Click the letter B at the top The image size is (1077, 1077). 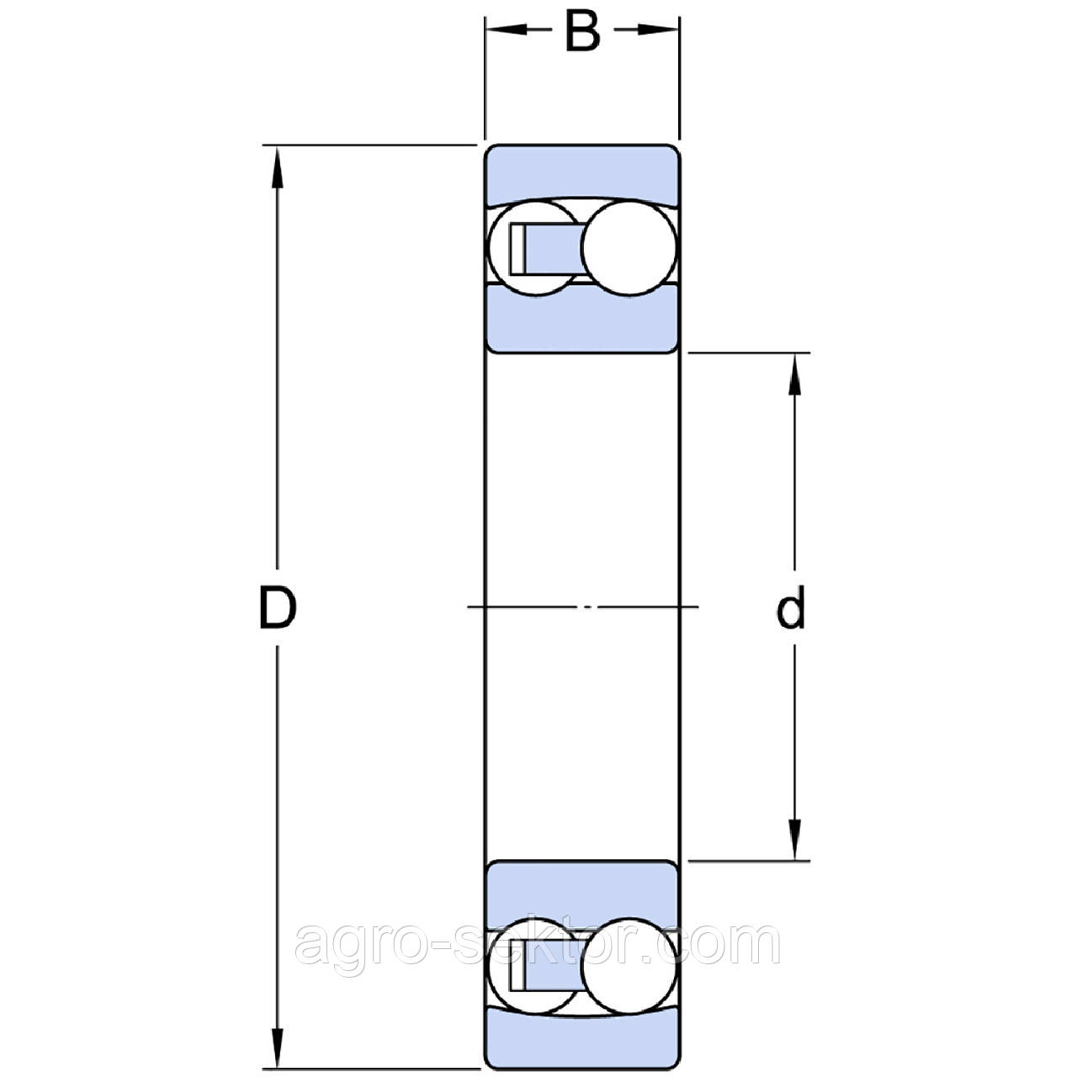582,31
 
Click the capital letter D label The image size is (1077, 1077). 277,607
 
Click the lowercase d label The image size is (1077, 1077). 791,607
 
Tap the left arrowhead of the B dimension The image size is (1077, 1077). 507,30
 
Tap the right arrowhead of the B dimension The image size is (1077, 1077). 658,30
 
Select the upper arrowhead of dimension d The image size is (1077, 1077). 794,375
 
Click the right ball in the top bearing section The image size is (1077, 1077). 629,247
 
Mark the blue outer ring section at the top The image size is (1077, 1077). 581,172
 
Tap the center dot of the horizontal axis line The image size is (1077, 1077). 586,607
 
